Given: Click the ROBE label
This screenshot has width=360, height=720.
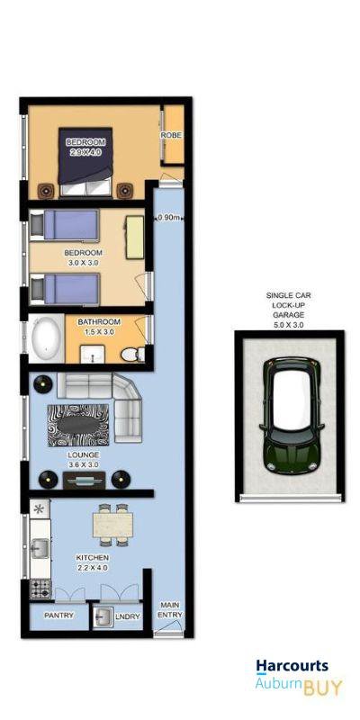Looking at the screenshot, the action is coord(171,135).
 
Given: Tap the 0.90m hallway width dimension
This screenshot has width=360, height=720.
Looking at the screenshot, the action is coord(168,218).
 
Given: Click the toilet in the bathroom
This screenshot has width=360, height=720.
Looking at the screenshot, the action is coord(132,355).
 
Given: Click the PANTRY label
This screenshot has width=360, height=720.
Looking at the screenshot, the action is coord(58,616).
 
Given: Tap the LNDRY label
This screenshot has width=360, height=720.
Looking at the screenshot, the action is coord(127,616).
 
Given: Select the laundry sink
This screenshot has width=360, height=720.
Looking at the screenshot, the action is coord(103,616).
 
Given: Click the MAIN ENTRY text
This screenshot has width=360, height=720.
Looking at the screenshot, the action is coord(170,610).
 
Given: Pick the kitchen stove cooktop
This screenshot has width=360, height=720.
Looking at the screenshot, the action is coord(40,589).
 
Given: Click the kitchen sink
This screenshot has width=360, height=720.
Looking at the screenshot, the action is coord(40,547).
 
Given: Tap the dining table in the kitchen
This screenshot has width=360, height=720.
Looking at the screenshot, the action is coord(113,525).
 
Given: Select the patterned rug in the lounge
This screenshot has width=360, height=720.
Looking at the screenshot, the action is coord(78,426).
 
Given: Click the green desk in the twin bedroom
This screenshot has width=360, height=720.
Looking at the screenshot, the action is coord(134,238).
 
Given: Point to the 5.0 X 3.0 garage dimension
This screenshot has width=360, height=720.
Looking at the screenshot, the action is coord(288,325).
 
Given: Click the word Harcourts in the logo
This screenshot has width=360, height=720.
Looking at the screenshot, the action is coord(292,666).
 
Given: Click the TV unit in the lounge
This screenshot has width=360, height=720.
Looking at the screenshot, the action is coord(85,480).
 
